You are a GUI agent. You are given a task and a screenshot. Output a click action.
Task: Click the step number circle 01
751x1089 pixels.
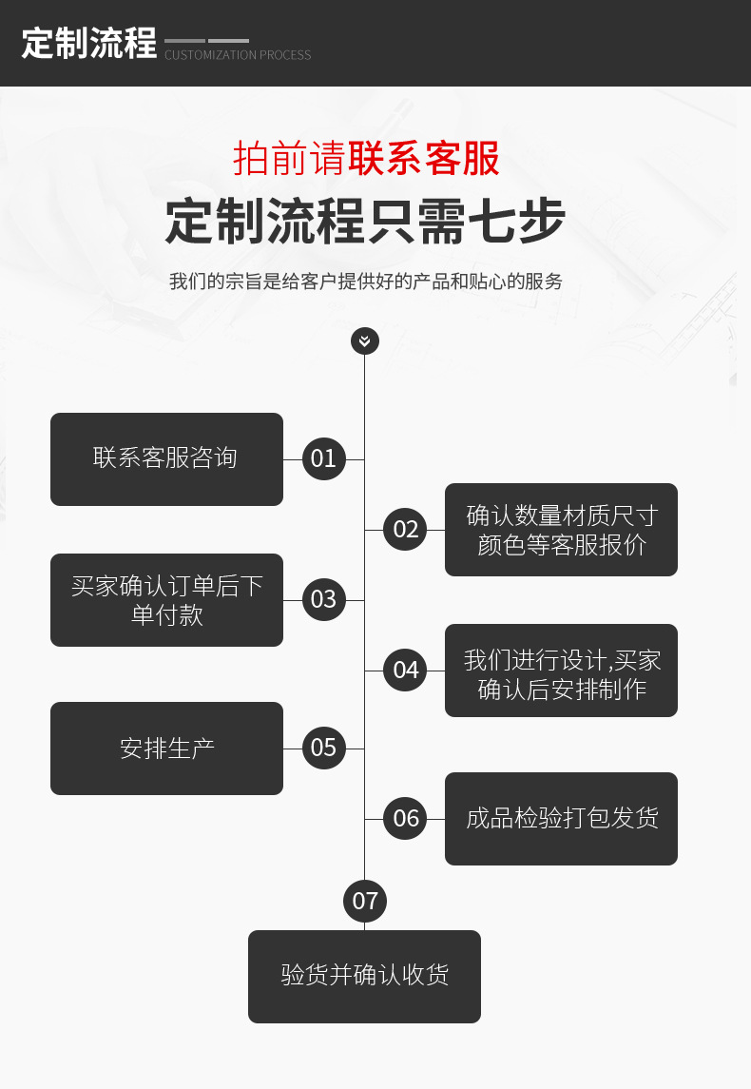click(324, 458)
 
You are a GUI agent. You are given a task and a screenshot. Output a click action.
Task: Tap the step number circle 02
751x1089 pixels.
click(405, 529)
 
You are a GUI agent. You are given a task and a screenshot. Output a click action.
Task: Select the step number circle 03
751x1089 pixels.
click(324, 599)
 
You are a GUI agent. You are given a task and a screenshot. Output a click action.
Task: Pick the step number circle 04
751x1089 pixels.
click(405, 670)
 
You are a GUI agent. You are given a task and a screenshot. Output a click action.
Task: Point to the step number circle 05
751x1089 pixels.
click(324, 748)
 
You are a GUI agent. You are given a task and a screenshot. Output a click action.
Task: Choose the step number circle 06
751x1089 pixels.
click(405, 818)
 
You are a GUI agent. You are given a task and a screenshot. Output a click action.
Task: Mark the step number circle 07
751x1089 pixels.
click(365, 901)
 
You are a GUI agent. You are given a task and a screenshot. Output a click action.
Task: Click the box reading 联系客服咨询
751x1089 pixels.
click(166, 459)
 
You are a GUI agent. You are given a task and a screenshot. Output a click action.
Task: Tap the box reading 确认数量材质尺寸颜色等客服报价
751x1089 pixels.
click(561, 530)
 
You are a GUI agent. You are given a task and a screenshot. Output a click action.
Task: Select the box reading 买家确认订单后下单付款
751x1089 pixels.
click(166, 600)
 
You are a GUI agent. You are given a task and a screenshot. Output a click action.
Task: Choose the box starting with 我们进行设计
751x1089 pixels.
click(561, 671)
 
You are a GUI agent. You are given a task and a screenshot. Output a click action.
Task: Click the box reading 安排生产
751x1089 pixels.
click(166, 749)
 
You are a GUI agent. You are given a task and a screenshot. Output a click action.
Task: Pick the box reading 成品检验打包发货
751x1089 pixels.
click(561, 819)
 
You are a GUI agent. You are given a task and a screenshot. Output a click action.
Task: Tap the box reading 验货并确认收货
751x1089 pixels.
click(364, 977)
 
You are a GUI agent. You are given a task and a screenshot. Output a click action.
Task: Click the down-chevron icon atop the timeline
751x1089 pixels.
click(365, 340)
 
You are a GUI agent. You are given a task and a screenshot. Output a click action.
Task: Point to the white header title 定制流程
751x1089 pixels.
click(88, 44)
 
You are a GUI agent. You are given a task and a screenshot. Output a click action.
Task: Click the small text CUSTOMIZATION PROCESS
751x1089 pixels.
click(238, 55)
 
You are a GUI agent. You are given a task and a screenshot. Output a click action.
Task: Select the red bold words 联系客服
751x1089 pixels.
click(424, 159)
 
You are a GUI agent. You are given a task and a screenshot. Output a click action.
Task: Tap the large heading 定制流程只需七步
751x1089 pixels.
click(365, 222)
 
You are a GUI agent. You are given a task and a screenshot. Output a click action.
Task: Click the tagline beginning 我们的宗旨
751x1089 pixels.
click(365, 282)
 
